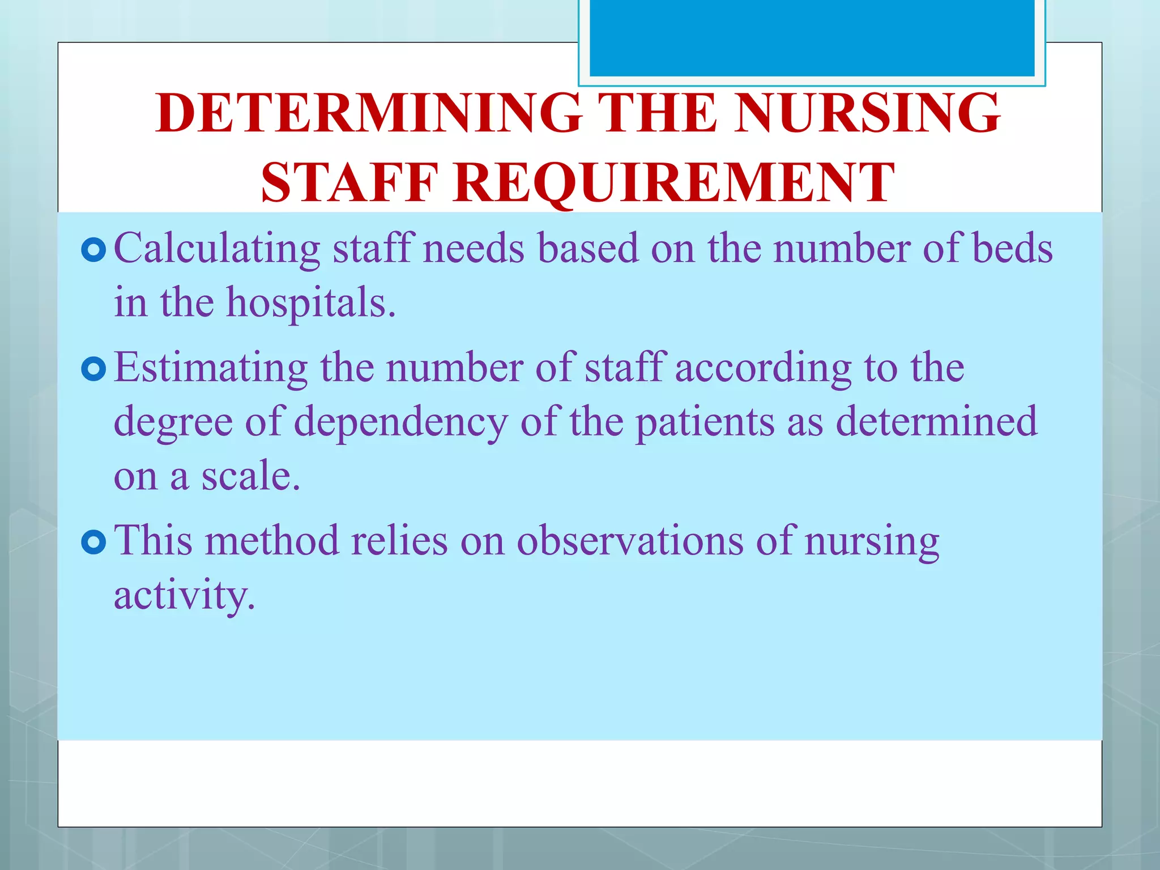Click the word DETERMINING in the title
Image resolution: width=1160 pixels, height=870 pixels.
click(369, 113)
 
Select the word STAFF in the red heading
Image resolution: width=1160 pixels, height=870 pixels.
click(349, 183)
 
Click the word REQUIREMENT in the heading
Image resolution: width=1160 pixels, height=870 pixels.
click(674, 183)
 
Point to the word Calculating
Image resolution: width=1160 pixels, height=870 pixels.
click(217, 249)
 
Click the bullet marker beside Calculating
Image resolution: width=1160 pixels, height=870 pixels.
click(93, 250)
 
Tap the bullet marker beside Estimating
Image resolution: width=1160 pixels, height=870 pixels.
click(93, 370)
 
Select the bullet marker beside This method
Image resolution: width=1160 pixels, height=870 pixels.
click(93, 543)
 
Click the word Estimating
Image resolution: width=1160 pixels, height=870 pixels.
click(211, 368)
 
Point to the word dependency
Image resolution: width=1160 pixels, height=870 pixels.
click(401, 423)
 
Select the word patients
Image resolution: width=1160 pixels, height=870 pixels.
click(704, 423)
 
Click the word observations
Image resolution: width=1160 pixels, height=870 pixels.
click(630, 540)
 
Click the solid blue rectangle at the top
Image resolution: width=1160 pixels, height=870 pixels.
click(812, 37)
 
